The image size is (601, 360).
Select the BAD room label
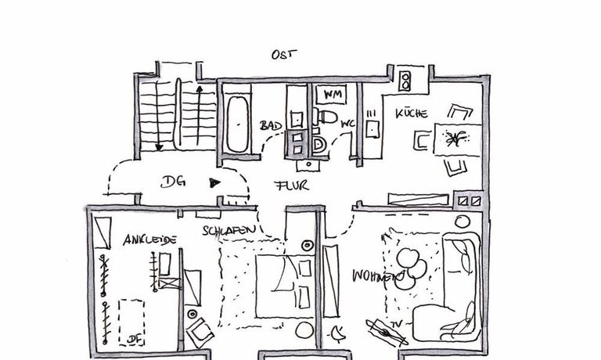pos(271,125)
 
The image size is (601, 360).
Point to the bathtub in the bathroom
pos(235,124)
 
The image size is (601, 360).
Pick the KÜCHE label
pos(411,113)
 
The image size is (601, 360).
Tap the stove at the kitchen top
pos(405,80)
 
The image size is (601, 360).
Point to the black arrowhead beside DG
pos(214,184)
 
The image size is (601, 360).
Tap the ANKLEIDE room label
pos(149,239)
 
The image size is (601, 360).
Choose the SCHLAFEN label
pos(229,231)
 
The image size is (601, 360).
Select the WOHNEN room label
pos(376,277)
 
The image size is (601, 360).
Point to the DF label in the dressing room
pos(133,340)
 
